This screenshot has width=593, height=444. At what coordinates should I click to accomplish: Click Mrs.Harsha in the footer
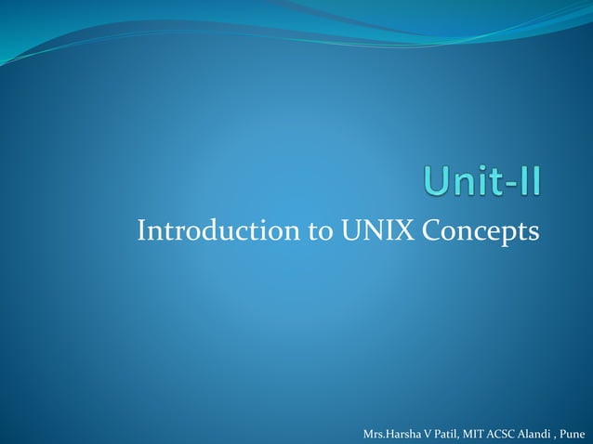pyautogui.click(x=389, y=434)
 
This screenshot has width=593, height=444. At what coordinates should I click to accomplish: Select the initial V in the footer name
pyautogui.click(x=421, y=434)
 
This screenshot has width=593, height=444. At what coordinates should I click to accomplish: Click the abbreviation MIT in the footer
pyautogui.click(x=469, y=434)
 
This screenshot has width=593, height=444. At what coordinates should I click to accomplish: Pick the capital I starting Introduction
pyautogui.click(x=140, y=229)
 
